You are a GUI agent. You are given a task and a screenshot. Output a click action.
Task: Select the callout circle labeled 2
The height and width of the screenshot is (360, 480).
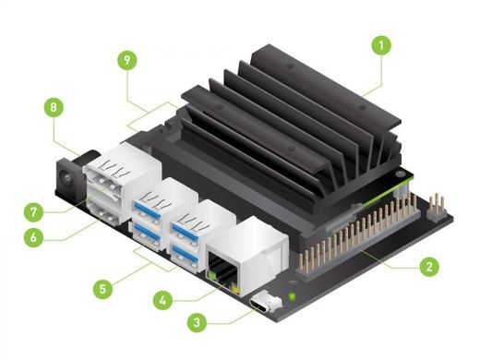pyautogui.click(x=427, y=268)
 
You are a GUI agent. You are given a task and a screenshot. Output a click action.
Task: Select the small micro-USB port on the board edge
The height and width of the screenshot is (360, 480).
pyautogui.click(x=269, y=303)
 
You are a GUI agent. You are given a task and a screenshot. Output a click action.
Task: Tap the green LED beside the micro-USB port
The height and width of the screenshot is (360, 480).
pyautogui.click(x=293, y=297)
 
